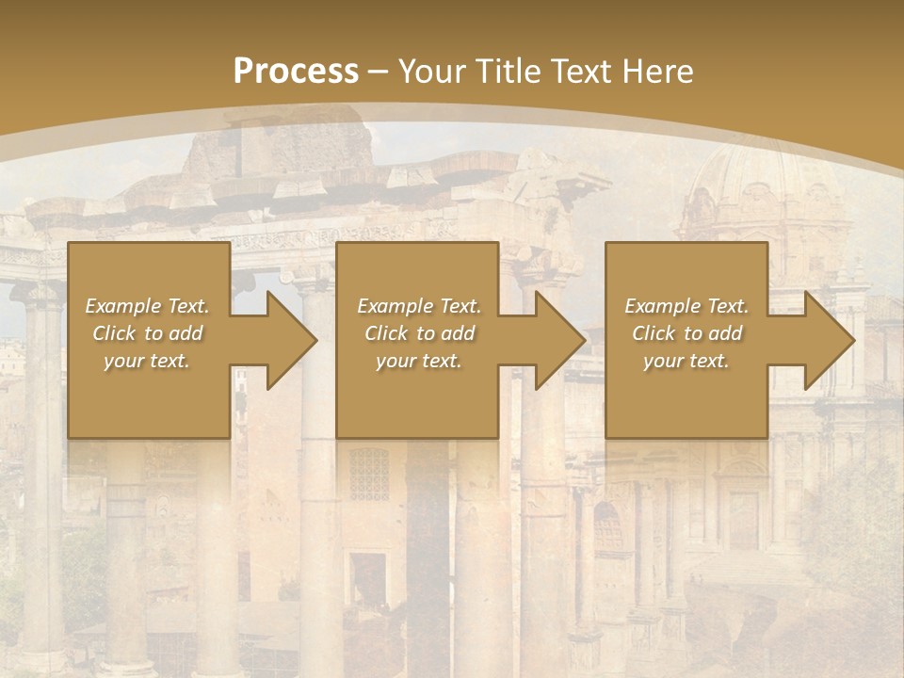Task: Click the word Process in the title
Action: tap(296, 72)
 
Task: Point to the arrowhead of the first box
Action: tap(287, 340)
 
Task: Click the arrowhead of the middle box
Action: tap(556, 340)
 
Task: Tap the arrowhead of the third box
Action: tap(825, 340)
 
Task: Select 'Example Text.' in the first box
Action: tap(147, 306)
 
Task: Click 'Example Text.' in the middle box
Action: tap(419, 306)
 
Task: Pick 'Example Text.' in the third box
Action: tap(686, 306)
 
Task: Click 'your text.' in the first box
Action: tap(147, 361)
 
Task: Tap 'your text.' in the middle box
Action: tap(419, 361)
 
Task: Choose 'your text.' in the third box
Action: tap(686, 361)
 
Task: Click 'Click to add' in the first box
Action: tap(147, 333)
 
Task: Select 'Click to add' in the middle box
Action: tap(419, 333)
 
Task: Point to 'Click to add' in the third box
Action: tap(686, 333)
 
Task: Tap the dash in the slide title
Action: tap(378, 73)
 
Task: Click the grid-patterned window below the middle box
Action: tap(368, 474)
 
